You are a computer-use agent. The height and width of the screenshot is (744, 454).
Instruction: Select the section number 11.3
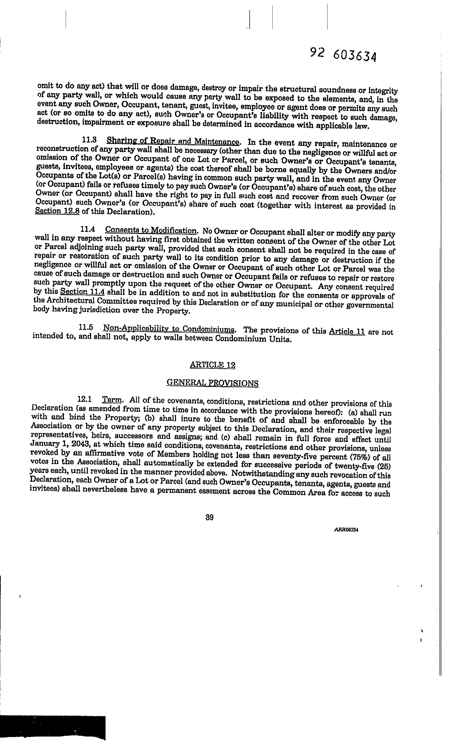pyautogui.click(x=89, y=140)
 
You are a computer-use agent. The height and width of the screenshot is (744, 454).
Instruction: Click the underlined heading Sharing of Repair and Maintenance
pyautogui.click(x=173, y=141)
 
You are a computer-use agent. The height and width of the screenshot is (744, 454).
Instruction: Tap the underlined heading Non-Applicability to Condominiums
pyautogui.click(x=169, y=328)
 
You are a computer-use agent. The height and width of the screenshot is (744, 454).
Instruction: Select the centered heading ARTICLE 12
pyautogui.click(x=213, y=365)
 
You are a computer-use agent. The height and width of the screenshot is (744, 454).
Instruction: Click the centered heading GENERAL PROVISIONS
pyautogui.click(x=213, y=383)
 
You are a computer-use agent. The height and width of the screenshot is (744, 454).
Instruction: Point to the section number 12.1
pyautogui.click(x=85, y=399)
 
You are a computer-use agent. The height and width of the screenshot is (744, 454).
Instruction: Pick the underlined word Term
pyautogui.click(x=112, y=400)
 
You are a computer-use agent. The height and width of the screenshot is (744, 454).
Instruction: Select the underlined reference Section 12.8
pyautogui.click(x=57, y=211)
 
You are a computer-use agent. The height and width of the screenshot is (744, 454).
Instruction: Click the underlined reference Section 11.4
pyautogui.click(x=83, y=292)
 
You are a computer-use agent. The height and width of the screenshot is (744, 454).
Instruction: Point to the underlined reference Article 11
pyautogui.click(x=347, y=331)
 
